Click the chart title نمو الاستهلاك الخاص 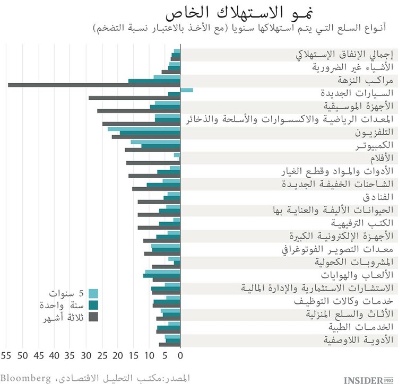221,12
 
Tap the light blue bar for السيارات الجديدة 187,91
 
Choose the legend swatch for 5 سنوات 93,293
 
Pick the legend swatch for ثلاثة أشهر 93,317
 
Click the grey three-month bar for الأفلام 153,162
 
